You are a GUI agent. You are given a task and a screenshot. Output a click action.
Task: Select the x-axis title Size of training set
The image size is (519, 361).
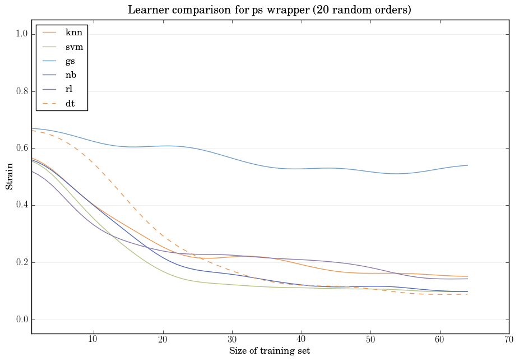269,351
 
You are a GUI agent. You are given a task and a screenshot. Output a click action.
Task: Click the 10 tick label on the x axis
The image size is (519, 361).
93,339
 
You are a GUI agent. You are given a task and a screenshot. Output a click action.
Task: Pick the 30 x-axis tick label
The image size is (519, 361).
231,339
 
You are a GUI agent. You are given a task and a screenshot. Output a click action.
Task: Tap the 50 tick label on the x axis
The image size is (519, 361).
370,339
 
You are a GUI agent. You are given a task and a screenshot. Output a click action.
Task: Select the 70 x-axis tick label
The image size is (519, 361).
509,339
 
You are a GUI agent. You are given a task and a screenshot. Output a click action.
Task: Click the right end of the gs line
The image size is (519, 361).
467,165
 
